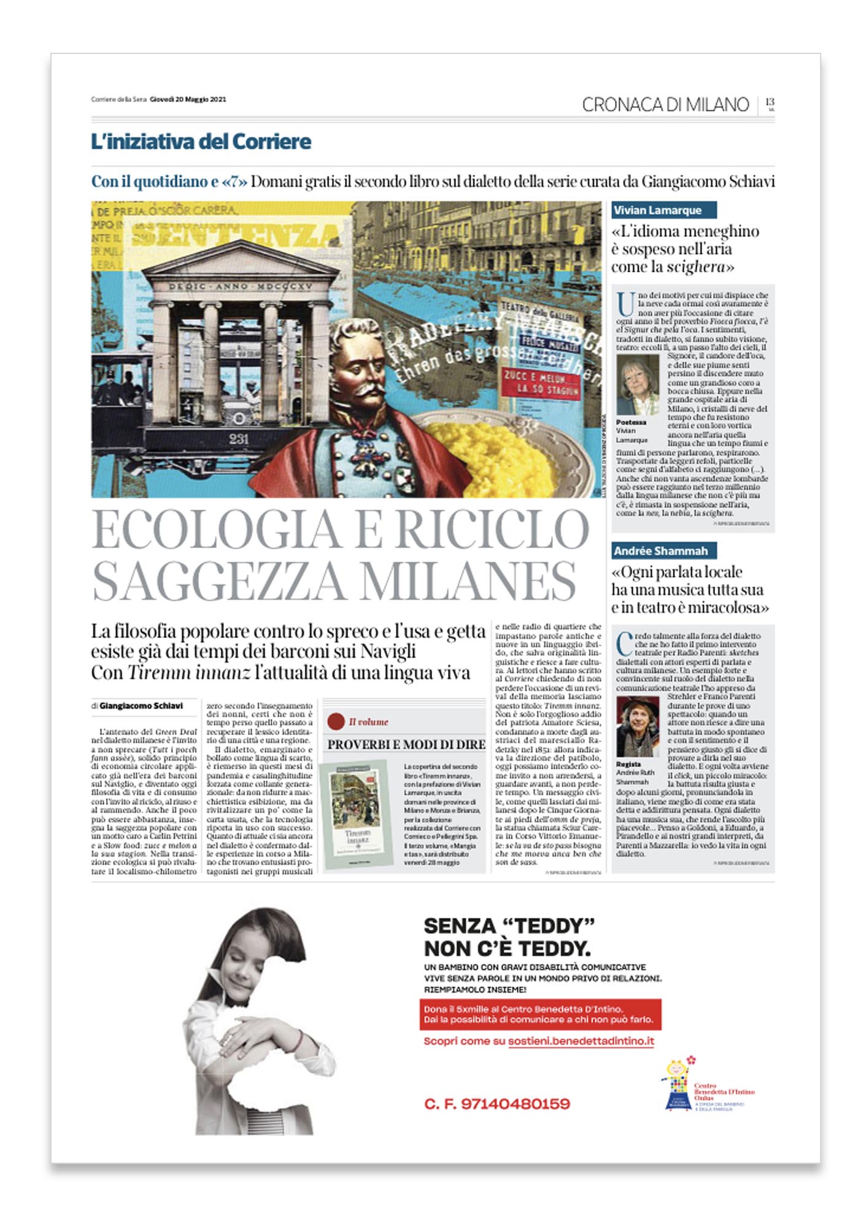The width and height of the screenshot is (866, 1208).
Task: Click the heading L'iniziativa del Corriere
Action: click(201, 142)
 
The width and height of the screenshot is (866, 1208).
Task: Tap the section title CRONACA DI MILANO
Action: click(665, 105)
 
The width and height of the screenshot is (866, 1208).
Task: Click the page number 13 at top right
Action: click(770, 102)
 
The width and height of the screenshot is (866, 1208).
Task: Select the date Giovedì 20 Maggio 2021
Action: click(188, 99)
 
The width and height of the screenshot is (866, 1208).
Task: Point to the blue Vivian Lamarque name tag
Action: click(663, 210)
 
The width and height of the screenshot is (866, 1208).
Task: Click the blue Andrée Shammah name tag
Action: click(663, 551)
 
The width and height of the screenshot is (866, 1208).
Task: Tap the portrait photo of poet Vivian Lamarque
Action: click(637, 385)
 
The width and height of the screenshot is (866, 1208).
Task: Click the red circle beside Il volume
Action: click(336, 721)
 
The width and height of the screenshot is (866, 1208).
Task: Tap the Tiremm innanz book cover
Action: click(357, 814)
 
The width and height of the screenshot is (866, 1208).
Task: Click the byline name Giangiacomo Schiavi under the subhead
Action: click(141, 706)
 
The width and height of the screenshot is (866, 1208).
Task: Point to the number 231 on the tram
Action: click(239, 439)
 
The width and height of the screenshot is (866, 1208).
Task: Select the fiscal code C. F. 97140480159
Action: click(497, 1104)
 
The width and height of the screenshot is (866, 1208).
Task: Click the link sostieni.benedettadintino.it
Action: click(581, 1041)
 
